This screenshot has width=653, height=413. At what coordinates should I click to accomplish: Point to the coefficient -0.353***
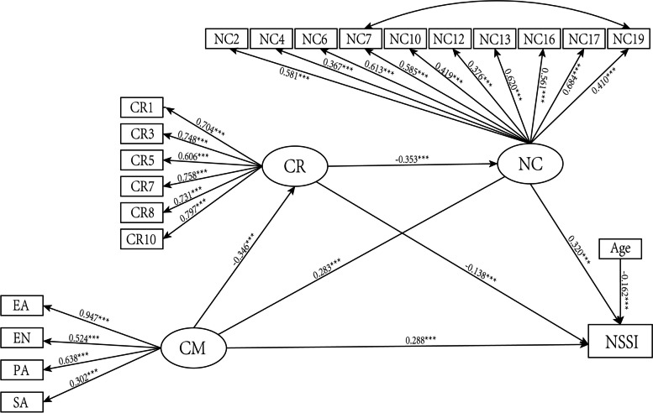(413, 159)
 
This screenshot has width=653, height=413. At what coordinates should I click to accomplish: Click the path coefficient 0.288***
(420, 340)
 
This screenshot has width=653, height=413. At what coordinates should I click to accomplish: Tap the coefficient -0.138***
(480, 274)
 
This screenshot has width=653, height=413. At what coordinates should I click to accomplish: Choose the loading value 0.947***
(94, 316)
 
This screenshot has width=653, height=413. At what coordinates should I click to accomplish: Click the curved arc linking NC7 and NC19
(495, 11)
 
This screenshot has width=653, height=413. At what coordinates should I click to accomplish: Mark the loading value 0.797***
(192, 211)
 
